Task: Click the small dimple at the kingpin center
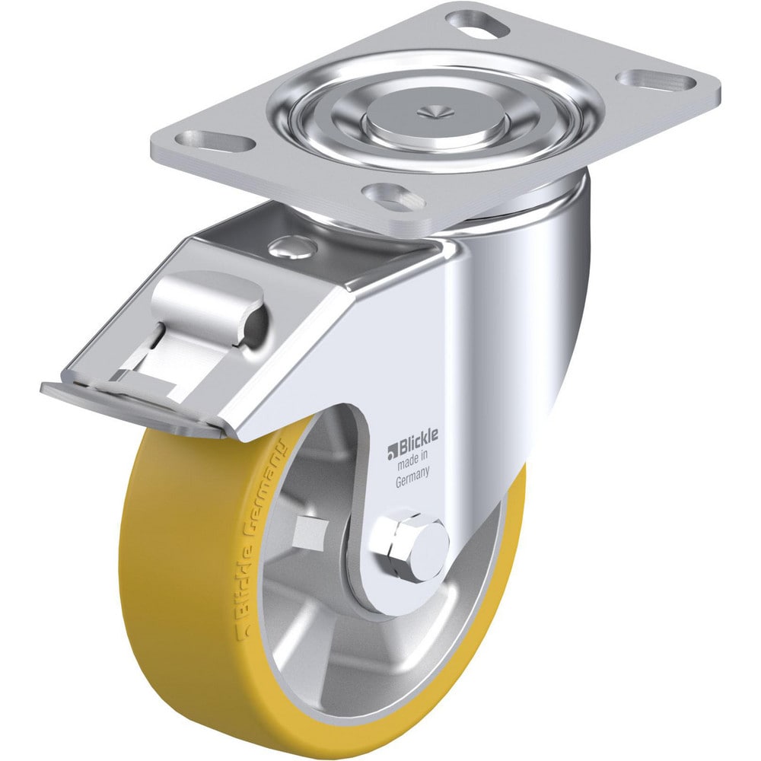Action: coord(434,112)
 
